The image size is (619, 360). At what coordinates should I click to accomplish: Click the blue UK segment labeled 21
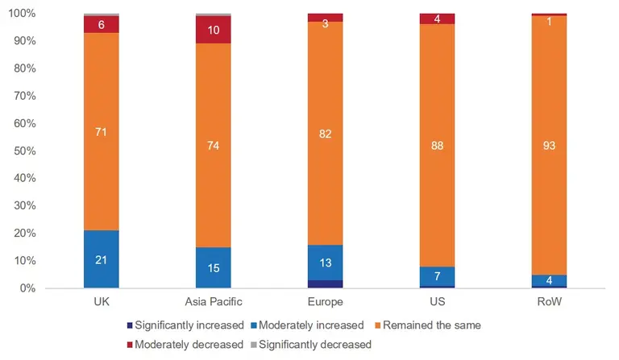tap(102, 259)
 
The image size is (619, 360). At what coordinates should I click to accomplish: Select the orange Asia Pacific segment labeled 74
tap(214, 145)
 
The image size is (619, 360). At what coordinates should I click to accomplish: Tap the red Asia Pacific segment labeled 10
tap(214, 30)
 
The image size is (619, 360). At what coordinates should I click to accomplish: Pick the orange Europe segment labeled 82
tap(325, 133)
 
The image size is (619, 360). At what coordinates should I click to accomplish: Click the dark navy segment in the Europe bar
tap(325, 283)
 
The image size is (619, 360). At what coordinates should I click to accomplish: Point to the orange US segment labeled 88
tap(437, 145)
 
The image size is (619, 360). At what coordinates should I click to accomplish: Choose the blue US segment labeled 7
tap(437, 276)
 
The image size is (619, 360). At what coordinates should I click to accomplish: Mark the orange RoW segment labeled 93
tap(549, 145)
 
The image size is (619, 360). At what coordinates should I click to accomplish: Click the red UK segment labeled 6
tap(102, 25)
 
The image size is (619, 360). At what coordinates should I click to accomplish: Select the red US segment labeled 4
tap(437, 19)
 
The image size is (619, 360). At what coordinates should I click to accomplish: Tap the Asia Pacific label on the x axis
tap(214, 302)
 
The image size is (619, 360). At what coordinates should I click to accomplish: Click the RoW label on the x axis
tap(549, 302)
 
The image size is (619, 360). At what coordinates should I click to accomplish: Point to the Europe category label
tap(325, 302)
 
